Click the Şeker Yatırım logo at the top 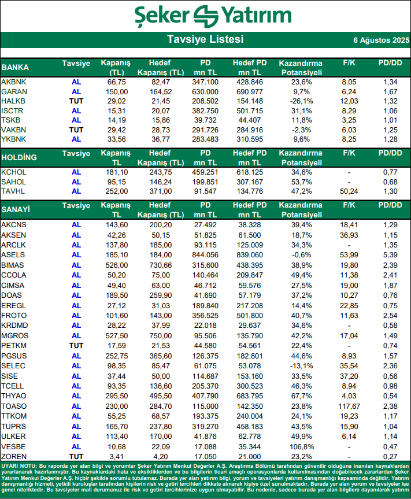pyautogui.click(x=205, y=16)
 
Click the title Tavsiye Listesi pyautogui.click(x=205, y=39)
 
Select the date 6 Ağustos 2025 pyautogui.click(x=381, y=40)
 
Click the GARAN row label pyautogui.click(x=14, y=92)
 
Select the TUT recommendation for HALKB pyautogui.click(x=76, y=101)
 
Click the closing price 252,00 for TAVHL pyautogui.click(x=117, y=191)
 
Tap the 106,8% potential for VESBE pyautogui.click(x=301, y=447)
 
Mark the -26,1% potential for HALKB pyautogui.click(x=301, y=101)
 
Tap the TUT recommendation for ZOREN pyautogui.click(x=76, y=456)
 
